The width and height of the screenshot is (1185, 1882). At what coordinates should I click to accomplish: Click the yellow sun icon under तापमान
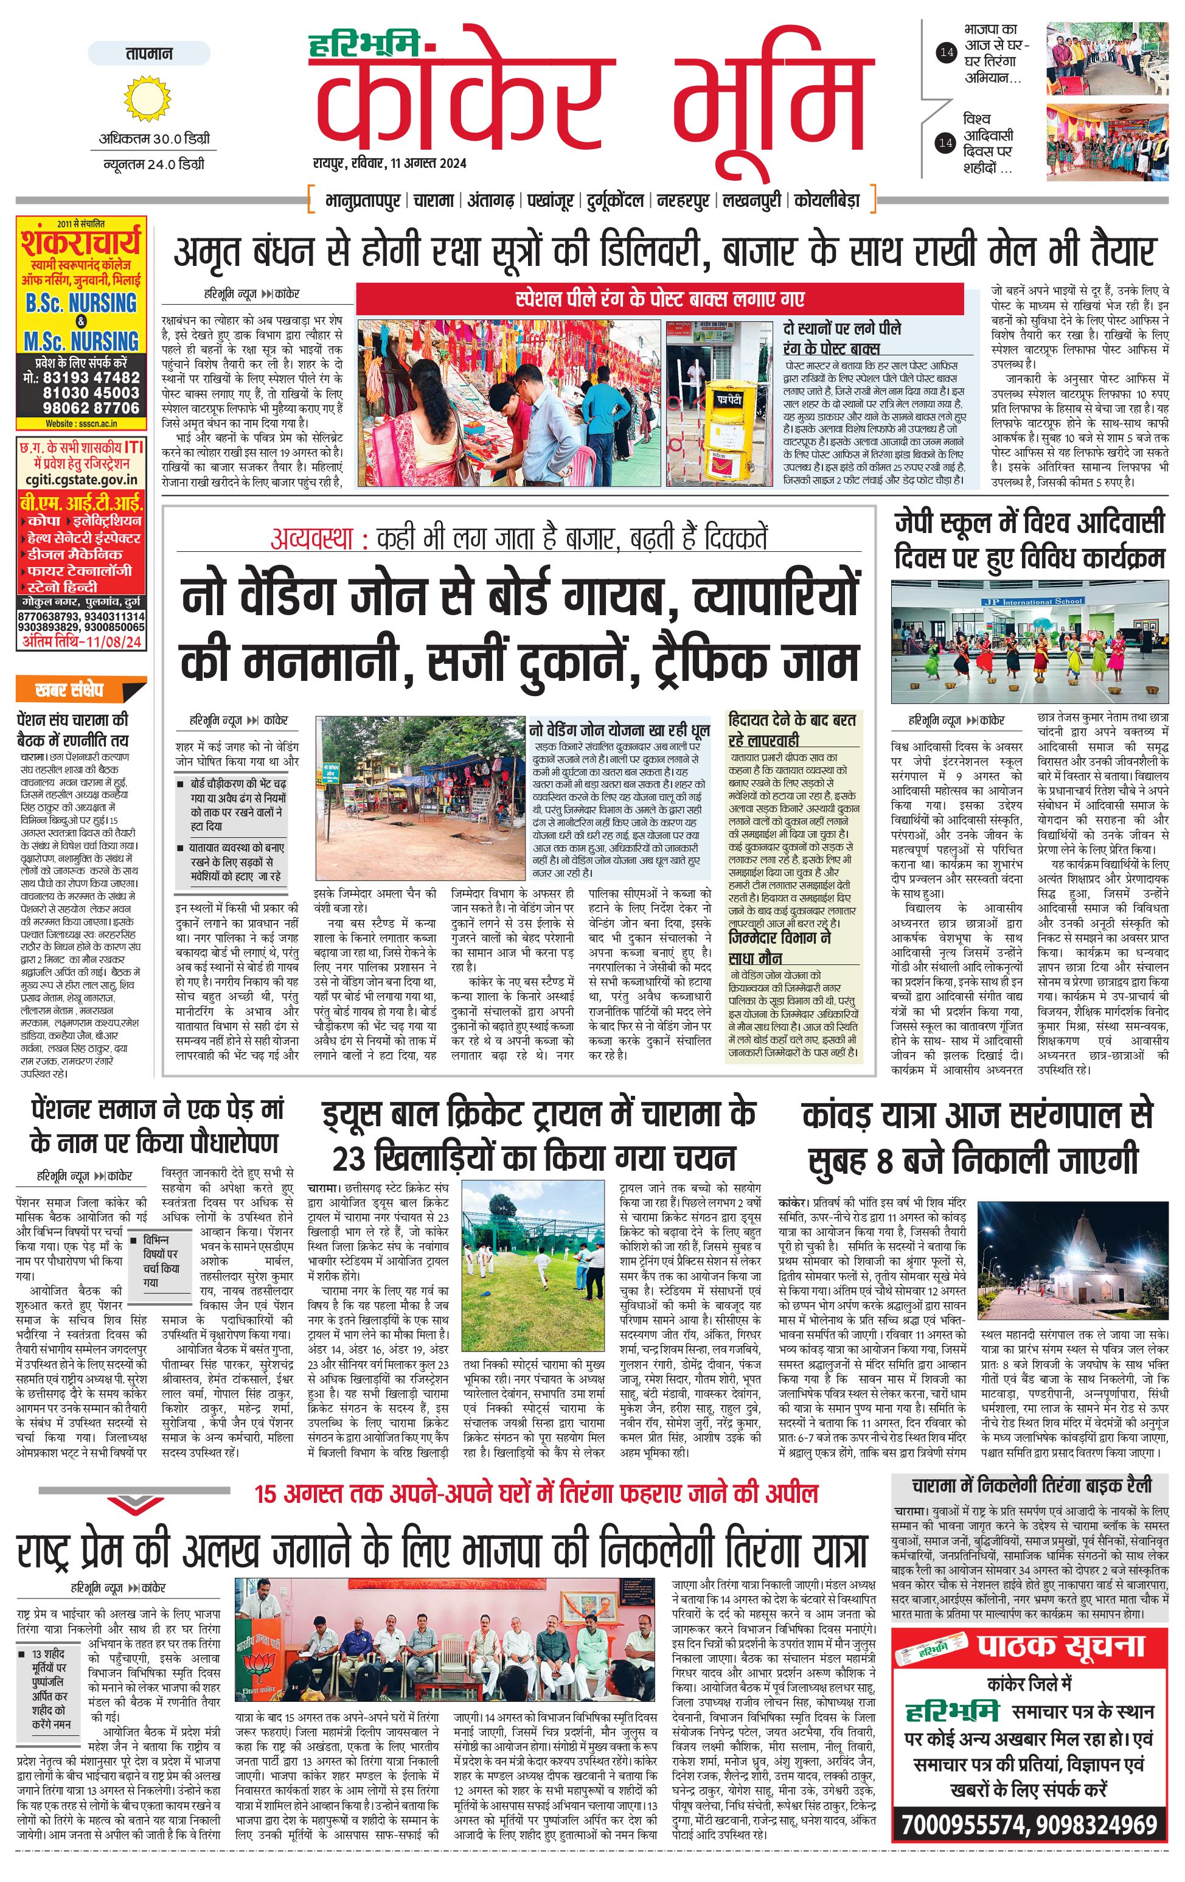(147, 99)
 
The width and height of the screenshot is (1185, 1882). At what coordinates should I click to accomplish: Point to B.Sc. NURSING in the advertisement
(80, 302)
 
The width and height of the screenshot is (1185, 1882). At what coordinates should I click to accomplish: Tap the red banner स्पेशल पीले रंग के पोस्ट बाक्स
(660, 299)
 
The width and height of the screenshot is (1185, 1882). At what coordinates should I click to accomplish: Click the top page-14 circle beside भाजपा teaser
(946, 52)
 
